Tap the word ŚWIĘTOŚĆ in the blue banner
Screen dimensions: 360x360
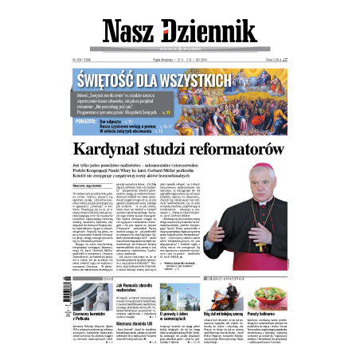(x=115, y=80)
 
